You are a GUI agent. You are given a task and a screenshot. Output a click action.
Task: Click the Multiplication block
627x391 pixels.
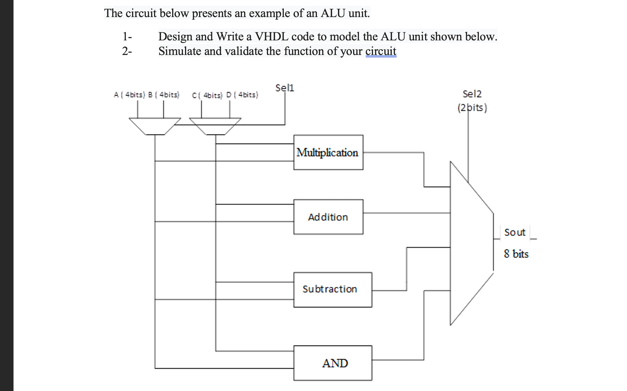[328, 152]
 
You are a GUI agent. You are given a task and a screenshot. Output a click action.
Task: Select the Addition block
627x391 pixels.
[328, 217]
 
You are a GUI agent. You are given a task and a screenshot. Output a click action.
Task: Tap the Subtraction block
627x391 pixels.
[332, 290]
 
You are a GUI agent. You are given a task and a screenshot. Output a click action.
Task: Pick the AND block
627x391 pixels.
[332, 363]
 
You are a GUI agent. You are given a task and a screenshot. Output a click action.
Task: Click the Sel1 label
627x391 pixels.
[285, 88]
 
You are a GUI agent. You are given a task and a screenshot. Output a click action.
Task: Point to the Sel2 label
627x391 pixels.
[472, 94]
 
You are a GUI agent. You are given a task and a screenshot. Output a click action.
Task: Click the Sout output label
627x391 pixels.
[515, 232]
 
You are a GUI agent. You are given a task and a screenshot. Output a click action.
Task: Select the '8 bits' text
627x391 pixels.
[516, 254]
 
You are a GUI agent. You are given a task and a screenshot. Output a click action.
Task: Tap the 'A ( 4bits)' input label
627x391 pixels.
[129, 95]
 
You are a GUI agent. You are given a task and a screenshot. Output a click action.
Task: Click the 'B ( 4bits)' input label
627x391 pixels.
[164, 95]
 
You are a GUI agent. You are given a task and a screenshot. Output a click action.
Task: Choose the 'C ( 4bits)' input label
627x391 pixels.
[207, 95]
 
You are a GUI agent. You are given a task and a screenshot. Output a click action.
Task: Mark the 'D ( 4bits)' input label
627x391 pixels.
[242, 95]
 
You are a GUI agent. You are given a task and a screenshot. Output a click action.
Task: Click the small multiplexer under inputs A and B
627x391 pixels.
[155, 126]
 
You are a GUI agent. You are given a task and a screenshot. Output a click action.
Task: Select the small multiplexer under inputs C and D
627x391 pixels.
[215, 126]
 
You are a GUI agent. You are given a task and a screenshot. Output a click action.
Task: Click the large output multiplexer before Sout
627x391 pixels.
[469, 243]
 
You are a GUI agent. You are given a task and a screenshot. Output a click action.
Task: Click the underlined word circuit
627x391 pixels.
[381, 51]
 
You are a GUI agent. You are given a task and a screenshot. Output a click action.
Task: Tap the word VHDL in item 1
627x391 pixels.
[271, 36]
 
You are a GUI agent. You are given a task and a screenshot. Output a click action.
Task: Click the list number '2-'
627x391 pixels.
[127, 51]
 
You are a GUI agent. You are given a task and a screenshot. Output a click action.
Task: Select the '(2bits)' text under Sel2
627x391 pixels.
[472, 108]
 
